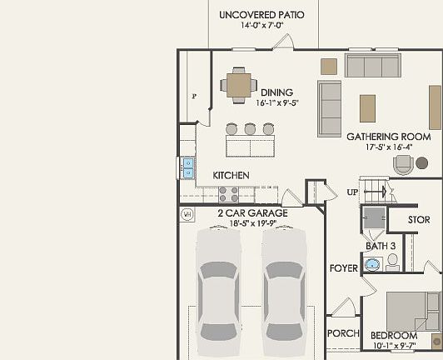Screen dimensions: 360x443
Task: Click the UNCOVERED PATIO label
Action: click(x=261, y=15)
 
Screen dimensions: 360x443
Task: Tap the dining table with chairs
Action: click(x=239, y=84)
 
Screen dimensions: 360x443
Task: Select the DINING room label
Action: click(x=276, y=92)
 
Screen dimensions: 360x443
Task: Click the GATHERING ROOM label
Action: click(x=388, y=136)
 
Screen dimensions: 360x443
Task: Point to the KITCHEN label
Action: click(x=231, y=176)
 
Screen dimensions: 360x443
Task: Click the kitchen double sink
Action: click(x=188, y=167)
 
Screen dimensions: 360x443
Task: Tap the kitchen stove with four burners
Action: click(x=229, y=193)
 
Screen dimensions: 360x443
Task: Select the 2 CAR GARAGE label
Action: click(x=252, y=213)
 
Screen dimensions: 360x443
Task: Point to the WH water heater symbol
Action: click(x=187, y=214)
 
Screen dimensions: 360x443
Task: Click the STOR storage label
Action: click(x=418, y=220)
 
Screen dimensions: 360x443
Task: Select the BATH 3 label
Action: click(x=381, y=246)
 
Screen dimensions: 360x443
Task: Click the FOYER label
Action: click(x=343, y=268)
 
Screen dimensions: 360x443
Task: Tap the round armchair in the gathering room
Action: click(x=405, y=162)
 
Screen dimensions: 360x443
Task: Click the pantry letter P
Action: click(x=194, y=96)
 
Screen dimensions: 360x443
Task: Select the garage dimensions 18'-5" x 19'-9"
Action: click(x=252, y=222)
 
